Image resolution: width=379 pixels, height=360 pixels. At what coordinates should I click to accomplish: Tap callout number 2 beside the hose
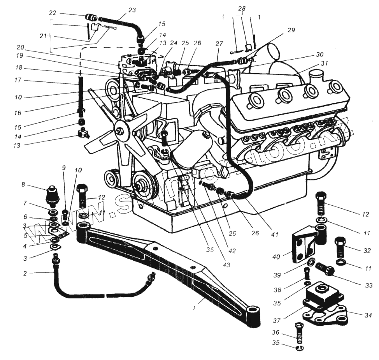(25, 273)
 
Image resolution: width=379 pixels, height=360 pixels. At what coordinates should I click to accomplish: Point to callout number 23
(132, 11)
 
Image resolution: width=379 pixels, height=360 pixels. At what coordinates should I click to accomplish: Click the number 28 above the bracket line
(242, 8)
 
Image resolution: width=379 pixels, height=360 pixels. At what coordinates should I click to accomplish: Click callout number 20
(20, 47)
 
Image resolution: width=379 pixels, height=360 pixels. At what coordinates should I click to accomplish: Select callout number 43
(226, 265)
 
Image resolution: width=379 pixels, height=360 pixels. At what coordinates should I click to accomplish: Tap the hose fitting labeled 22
(91, 17)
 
